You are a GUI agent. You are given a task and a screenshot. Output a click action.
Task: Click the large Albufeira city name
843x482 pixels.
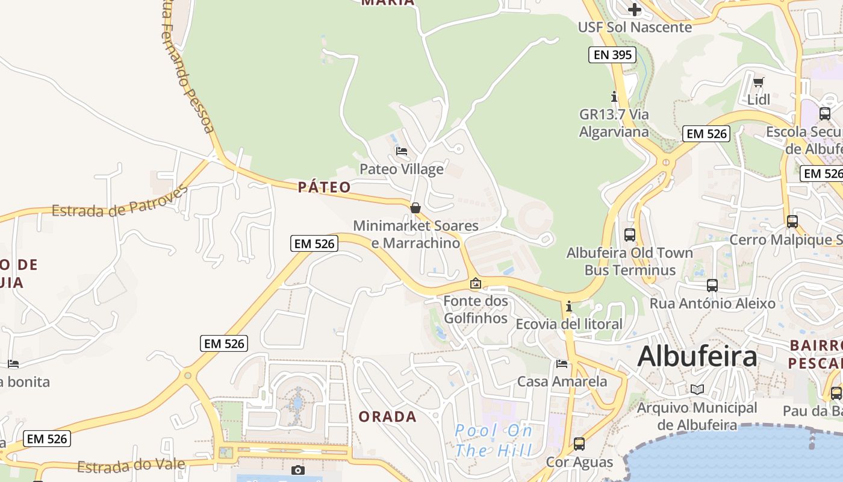point(697,356)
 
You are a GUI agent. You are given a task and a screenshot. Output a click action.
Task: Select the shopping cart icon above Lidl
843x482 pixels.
point(759,81)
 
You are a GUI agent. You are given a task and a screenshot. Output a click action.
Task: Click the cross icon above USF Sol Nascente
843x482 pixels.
point(634,9)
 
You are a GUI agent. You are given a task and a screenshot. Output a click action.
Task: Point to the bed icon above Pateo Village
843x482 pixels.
point(402,151)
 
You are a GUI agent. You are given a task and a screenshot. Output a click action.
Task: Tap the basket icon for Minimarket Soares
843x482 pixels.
point(415,208)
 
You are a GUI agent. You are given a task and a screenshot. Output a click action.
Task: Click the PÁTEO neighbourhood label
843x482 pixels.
point(324,187)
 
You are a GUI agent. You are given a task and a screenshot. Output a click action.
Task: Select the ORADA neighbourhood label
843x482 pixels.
point(387,416)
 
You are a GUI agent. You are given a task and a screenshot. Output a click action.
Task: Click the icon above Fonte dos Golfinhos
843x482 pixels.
point(476,283)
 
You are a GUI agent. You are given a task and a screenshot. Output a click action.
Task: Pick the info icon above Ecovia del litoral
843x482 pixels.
point(569,306)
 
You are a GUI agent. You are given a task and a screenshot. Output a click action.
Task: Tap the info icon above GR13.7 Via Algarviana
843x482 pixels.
point(614,96)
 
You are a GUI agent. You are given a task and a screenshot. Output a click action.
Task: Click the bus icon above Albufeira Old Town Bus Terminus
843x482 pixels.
point(630,234)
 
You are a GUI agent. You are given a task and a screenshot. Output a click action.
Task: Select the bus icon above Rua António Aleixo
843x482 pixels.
point(712,285)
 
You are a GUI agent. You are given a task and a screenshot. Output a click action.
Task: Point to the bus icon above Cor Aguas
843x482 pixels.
point(579,443)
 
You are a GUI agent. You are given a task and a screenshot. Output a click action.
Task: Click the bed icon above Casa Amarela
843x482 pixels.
point(562,363)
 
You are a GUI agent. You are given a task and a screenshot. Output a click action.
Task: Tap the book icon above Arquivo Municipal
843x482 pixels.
point(697,389)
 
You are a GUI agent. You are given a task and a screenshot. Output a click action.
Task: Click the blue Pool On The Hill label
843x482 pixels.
point(494,440)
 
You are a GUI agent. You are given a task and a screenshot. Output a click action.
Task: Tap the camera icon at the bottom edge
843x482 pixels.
point(297,470)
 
